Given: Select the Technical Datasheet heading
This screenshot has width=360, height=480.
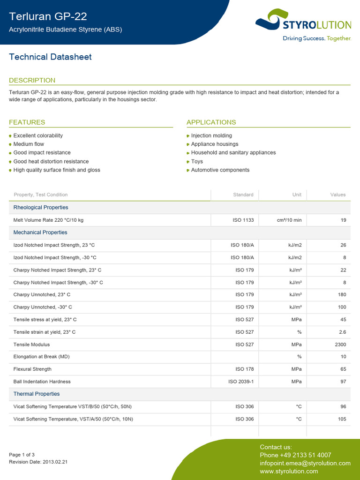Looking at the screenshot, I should pos(50,57).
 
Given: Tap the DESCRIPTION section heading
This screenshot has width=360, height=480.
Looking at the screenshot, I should pos(32,80).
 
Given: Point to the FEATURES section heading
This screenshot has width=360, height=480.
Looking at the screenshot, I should pos(27,122).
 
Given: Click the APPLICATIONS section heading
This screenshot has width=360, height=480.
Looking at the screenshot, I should pos(211,122).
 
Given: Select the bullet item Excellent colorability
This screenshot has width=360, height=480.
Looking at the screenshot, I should pos(38,135).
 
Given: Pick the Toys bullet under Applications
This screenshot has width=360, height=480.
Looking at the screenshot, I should pos(197,161).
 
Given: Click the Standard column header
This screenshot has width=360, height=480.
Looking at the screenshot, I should pos(243,195).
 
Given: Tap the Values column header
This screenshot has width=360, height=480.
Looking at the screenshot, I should pos(337,195).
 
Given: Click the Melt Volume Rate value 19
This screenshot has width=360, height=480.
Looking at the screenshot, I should pos(343,220).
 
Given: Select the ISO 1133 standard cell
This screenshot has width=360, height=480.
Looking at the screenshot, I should pos(243,220).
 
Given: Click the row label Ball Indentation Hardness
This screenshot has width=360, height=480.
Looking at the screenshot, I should pos(42,382).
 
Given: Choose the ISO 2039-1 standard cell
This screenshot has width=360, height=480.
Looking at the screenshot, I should pos(241,382).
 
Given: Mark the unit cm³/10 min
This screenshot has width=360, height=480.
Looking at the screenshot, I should pos(289,220).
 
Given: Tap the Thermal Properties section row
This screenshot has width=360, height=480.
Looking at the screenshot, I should pos(37,394).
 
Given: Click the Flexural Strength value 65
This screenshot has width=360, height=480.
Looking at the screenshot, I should pos(343,369).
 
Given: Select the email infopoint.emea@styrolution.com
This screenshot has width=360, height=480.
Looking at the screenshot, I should pos(305,463).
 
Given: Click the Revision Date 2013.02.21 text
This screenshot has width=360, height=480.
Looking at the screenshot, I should pos(38,462).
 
